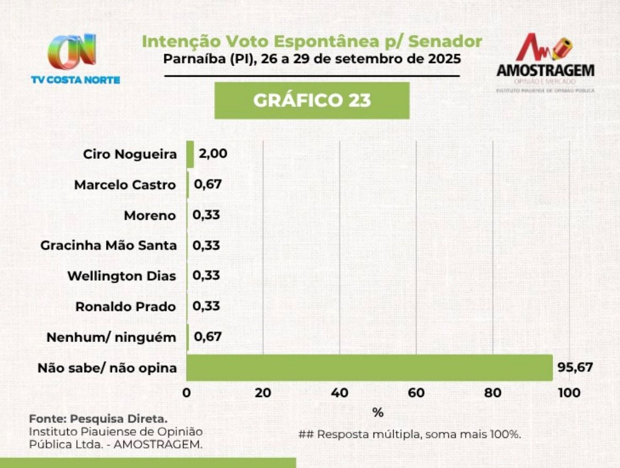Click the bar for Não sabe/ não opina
pos(369,367)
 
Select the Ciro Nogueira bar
pos(190,155)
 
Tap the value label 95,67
pos(575,367)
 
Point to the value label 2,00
pos(213,154)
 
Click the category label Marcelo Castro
pos(125,185)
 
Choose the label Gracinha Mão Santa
pos(109,246)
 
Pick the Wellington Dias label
pos(122,276)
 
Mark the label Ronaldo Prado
pos(126,307)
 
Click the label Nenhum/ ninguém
pos(111,337)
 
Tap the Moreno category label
pos(149,215)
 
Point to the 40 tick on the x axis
pos(340,393)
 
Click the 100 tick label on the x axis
pos(569,393)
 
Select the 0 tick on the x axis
pos(187,393)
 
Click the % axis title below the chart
pos(378,412)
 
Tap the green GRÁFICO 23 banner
pos(312,101)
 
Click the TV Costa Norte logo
pos(75,58)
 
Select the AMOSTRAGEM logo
pos(545,62)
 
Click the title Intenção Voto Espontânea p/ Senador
pos(312,41)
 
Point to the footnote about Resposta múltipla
pos(410,434)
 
